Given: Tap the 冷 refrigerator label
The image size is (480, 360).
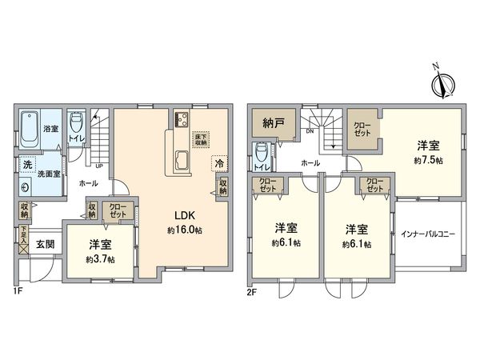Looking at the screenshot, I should coord(218,164).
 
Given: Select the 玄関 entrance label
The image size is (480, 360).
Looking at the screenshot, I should coord(45,245).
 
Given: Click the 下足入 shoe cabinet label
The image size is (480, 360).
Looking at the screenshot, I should coord(25,237).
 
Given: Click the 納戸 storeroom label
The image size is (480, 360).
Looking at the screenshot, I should coord(273,124).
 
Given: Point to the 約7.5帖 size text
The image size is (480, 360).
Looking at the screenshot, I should coord(428,160).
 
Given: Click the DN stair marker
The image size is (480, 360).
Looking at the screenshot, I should coord(308,131).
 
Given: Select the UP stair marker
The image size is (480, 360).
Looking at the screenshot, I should coord(98,166).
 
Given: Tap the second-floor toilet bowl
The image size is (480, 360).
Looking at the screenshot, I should coord(261,151).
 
